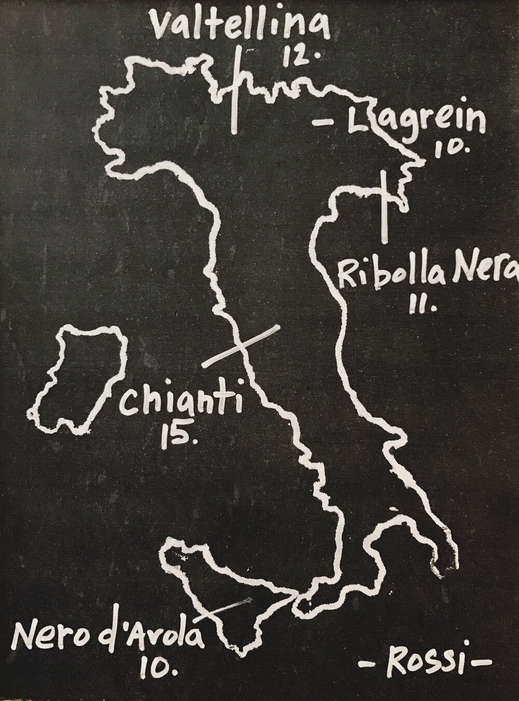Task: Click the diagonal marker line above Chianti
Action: (241, 346)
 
